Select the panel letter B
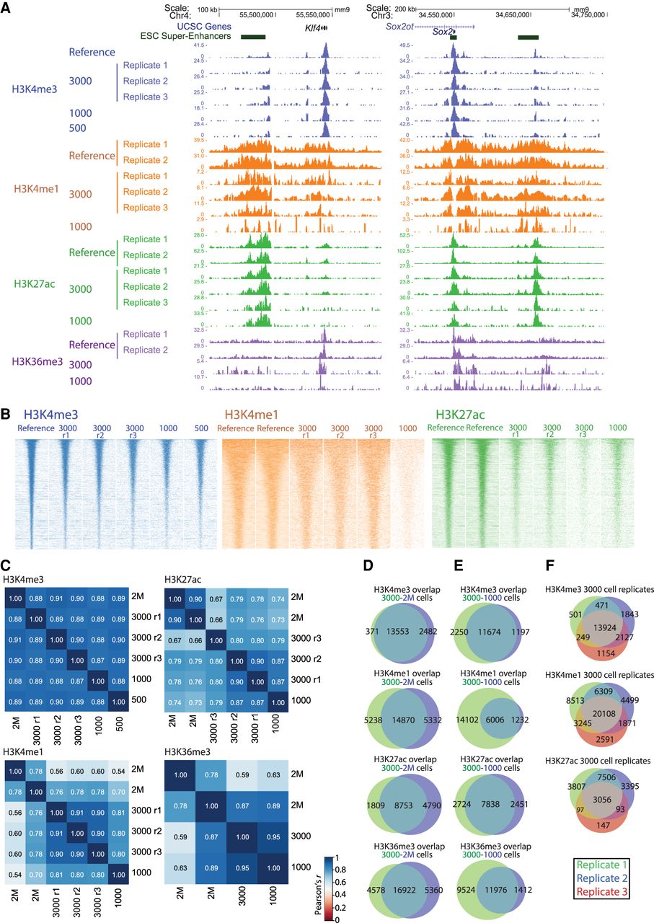[6, 415]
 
